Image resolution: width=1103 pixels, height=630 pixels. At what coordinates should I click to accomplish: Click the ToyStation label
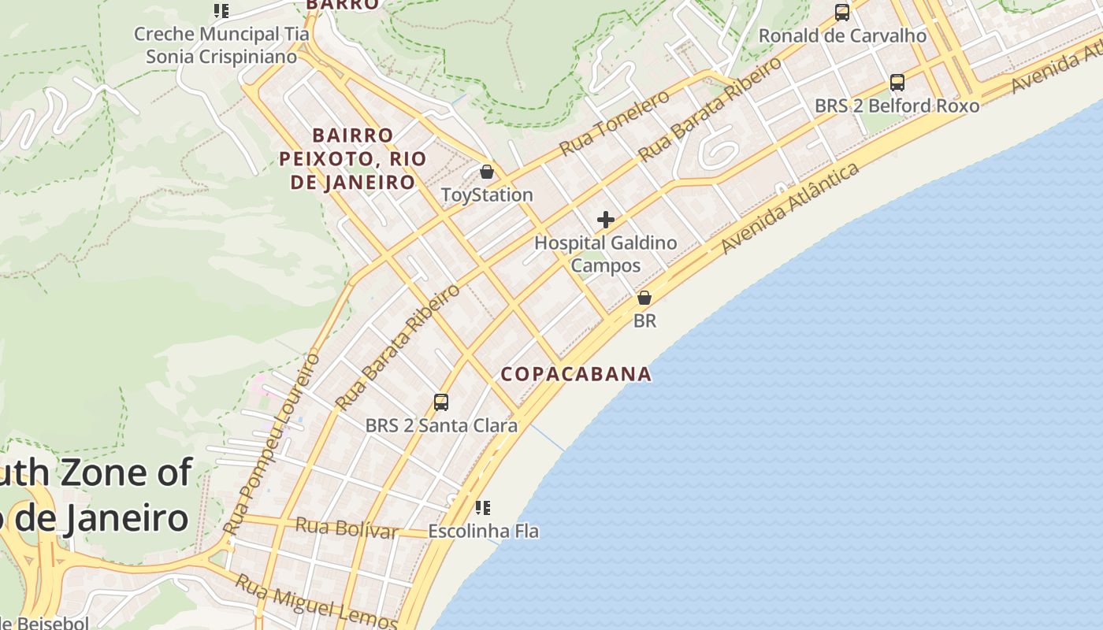click(487, 195)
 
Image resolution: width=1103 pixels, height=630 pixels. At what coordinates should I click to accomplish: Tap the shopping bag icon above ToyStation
click(487, 171)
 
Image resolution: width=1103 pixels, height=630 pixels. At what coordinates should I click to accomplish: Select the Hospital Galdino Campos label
click(605, 254)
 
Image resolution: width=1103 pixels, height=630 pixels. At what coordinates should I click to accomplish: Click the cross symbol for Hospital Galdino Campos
click(606, 220)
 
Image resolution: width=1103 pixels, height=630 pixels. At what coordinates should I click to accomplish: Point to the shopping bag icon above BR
click(644, 298)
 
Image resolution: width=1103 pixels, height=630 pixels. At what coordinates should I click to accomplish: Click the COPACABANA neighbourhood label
click(577, 374)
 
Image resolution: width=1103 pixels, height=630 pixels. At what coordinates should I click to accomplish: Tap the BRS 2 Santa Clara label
click(441, 426)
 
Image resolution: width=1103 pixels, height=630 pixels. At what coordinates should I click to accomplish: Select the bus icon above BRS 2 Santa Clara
click(441, 402)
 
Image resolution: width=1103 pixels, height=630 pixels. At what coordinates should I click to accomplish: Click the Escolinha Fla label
click(483, 532)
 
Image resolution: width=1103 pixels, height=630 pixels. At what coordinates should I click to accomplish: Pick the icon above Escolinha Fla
click(483, 508)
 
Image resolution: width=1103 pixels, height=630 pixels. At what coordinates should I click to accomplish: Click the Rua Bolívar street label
click(347, 528)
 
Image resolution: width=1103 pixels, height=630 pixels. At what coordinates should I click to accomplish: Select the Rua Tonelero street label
click(615, 123)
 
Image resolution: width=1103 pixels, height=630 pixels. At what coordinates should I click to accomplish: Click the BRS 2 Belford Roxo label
click(897, 106)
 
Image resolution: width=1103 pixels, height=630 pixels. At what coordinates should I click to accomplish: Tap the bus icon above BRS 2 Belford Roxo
click(897, 82)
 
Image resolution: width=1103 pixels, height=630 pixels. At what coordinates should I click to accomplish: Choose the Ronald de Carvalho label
click(842, 35)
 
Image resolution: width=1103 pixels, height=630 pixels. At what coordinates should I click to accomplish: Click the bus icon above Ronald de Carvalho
click(842, 13)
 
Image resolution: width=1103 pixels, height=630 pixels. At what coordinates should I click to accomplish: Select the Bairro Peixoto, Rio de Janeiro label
click(347, 159)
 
